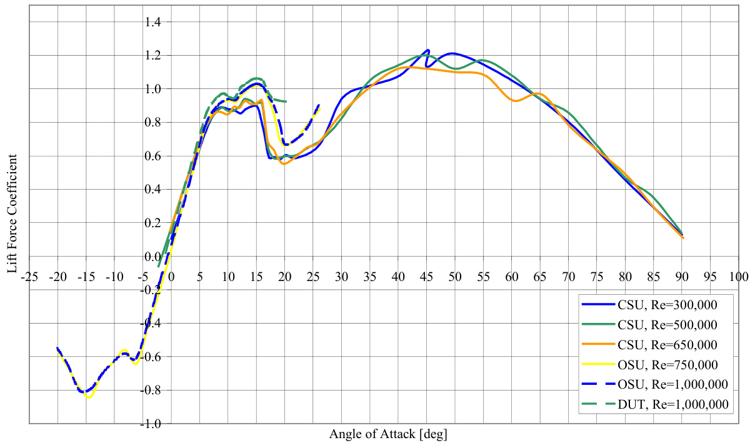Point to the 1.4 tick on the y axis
click(x=153, y=23)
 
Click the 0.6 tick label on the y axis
click(x=153, y=156)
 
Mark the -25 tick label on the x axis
click(x=29, y=276)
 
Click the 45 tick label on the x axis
click(x=427, y=276)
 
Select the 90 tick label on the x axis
click(x=682, y=276)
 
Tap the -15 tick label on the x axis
click(x=86, y=276)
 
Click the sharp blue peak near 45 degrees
click(x=428, y=50)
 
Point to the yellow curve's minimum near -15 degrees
click(x=89, y=397)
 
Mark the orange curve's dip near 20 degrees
click(x=285, y=163)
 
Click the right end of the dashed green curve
click(x=286, y=101)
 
